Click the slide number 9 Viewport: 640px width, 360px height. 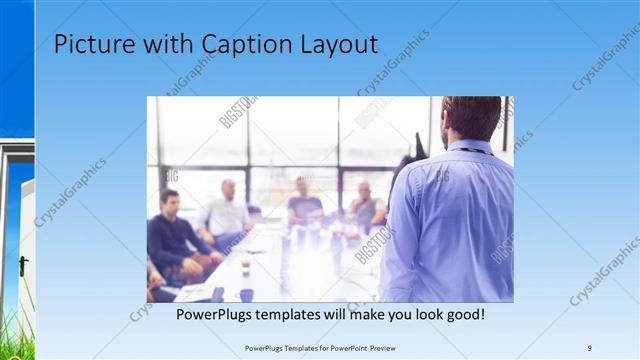pos(590,347)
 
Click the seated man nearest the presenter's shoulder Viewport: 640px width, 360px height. pos(365,205)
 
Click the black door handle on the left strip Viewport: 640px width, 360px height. pos(22,266)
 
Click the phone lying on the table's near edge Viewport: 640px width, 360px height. pos(218,294)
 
